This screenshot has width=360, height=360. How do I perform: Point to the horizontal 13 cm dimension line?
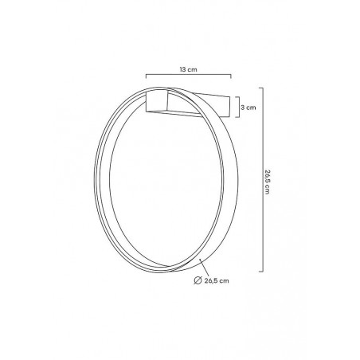(x=188, y=77)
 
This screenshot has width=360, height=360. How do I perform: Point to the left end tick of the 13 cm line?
(x=146, y=77)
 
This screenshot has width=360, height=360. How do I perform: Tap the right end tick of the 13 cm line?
(x=230, y=77)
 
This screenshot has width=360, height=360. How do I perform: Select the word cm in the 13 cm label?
(x=192, y=70)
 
